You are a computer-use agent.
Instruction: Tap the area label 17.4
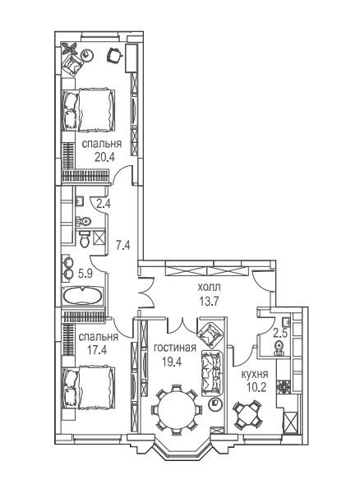pyautogui.click(x=97, y=350)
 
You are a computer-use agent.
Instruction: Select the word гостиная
pyautogui.click(x=175, y=348)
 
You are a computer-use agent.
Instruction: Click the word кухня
pyautogui.click(x=255, y=374)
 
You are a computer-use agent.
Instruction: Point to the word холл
pyautogui.click(x=209, y=288)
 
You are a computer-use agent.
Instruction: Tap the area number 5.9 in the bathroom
pyautogui.click(x=85, y=274)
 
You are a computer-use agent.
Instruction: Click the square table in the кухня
pyautogui.click(x=248, y=415)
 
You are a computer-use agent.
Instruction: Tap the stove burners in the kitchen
pyautogui.click(x=283, y=386)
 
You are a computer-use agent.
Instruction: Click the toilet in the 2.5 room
pyautogui.click(x=279, y=348)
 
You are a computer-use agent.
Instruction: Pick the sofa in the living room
pyautogui.click(x=212, y=373)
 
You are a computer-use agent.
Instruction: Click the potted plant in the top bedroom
pyautogui.click(x=69, y=48)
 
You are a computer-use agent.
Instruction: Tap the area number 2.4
pyautogui.click(x=104, y=204)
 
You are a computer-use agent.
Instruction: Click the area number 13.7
pyautogui.click(x=209, y=301)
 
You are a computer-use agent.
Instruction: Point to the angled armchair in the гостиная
pyautogui.click(x=211, y=334)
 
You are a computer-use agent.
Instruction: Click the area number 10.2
pyautogui.click(x=256, y=388)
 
